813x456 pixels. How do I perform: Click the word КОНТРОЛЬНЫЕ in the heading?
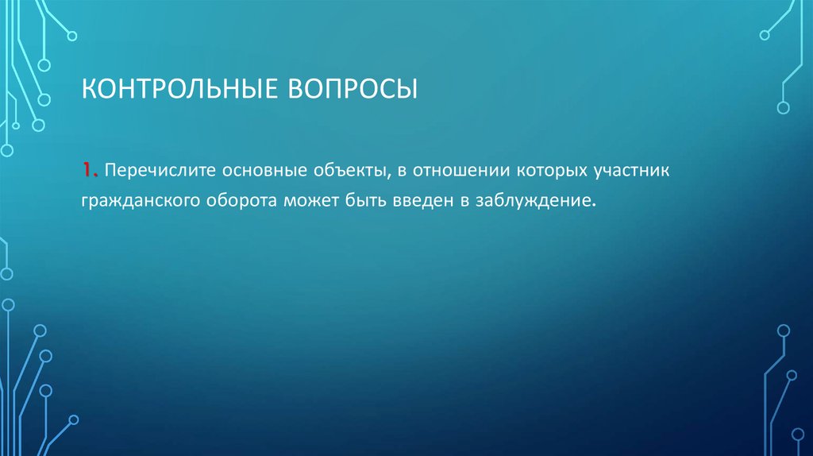172,88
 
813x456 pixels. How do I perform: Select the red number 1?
86,171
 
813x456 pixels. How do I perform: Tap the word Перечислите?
158,172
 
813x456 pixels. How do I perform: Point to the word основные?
264,172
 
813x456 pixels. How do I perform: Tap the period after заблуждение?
592,206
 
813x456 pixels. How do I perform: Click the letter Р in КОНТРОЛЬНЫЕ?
180,88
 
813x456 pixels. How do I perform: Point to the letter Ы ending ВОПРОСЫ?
405,88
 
